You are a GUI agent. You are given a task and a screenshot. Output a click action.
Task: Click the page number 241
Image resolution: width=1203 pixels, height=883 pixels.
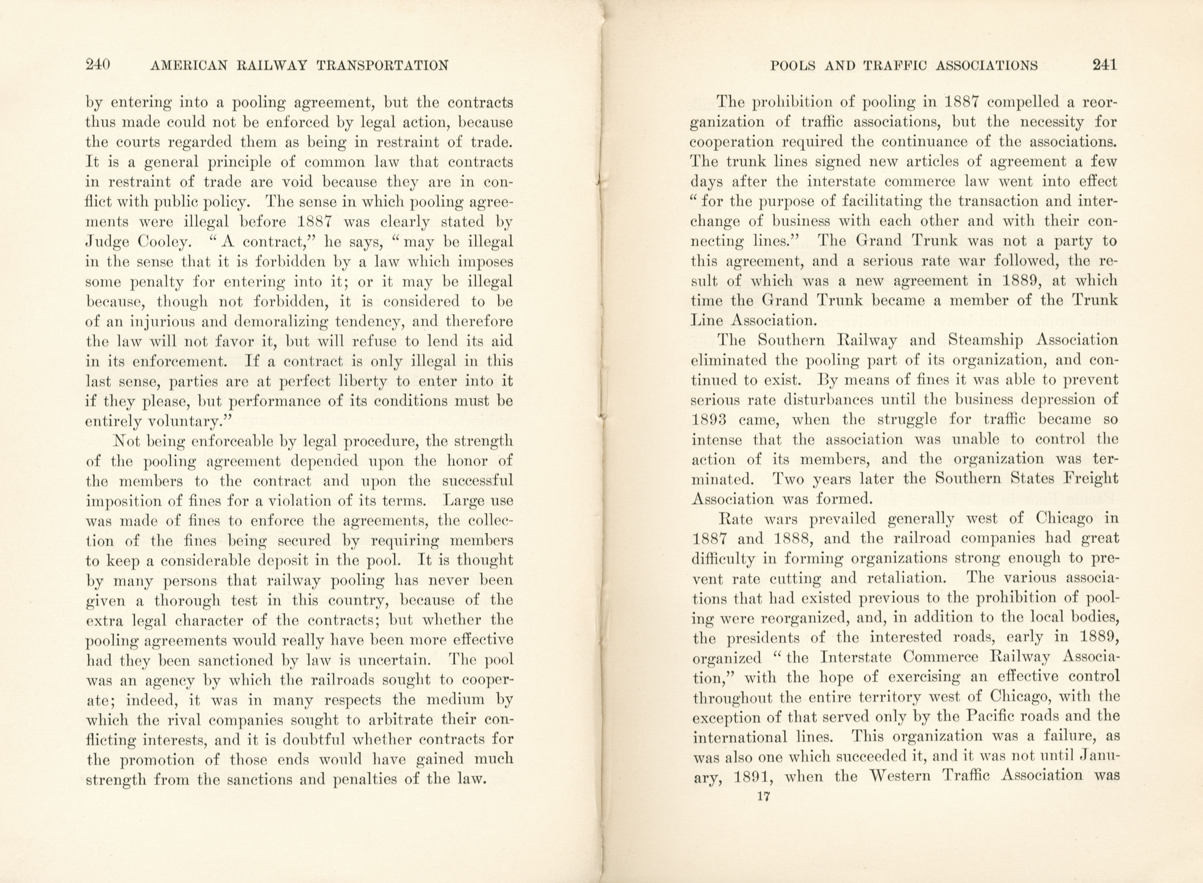(1104, 65)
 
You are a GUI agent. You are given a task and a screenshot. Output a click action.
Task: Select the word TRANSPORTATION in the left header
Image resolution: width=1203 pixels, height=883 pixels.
(382, 66)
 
